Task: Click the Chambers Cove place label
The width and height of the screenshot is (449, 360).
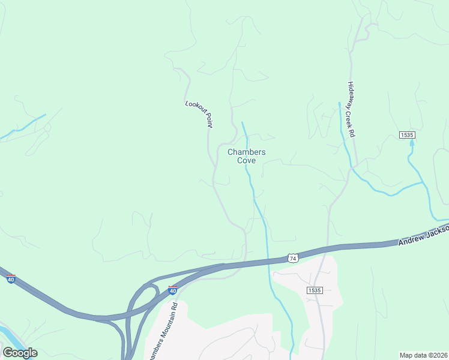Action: click(246, 156)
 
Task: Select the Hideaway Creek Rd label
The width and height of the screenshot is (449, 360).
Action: click(351, 110)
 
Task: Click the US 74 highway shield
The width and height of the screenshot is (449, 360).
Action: click(292, 257)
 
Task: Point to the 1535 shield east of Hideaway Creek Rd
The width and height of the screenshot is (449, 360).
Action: click(407, 135)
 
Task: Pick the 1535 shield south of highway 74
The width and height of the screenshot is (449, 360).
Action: click(314, 290)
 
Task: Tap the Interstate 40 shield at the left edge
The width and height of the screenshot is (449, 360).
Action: click(11, 278)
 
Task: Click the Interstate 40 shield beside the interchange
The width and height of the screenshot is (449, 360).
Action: click(172, 290)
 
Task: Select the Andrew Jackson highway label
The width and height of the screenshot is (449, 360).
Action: click(423, 236)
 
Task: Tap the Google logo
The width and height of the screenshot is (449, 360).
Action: click(20, 353)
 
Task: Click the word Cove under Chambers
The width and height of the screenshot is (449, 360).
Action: click(246, 161)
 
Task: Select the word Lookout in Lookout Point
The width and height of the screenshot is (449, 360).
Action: click(194, 107)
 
